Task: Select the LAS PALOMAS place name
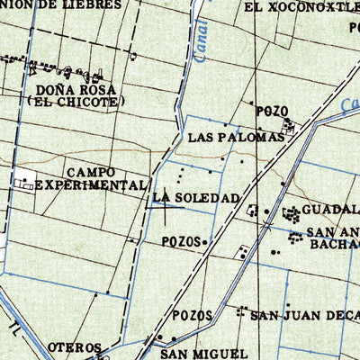[237, 138]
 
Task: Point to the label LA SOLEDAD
[196, 197]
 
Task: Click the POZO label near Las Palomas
[271, 111]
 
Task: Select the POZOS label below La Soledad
[182, 241]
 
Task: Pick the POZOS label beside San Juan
[194, 315]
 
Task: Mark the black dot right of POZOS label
[206, 241]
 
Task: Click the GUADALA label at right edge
[329, 210]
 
